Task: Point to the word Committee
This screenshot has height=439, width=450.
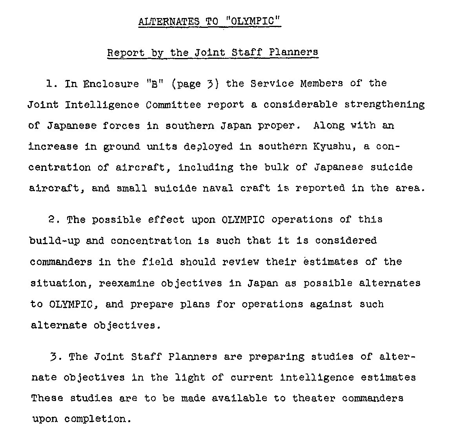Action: [173, 105]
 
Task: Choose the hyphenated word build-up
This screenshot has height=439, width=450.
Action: [55, 241]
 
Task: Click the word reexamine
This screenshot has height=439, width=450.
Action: [127, 283]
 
